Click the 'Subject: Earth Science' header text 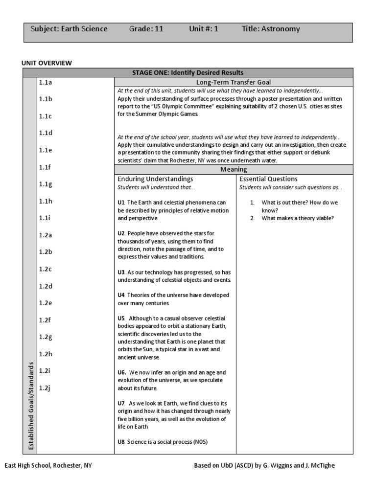tap(69, 29)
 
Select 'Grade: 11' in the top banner tap(146, 29)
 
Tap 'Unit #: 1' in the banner tap(204, 29)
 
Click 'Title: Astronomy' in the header tap(271, 29)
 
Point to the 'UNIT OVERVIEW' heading tap(47, 63)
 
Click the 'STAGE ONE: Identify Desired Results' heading tap(188, 72)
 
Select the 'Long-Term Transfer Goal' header tap(234, 82)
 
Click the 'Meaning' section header tap(234, 169)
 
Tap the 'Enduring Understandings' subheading tap(155, 179)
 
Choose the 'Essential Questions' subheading tap(268, 179)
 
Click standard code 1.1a tap(46, 82)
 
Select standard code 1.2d tap(46, 286)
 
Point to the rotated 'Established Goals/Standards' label tap(30, 407)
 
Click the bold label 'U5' tap(122, 319)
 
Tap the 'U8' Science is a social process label tap(121, 442)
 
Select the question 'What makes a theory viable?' tap(297, 218)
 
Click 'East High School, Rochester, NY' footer tap(48, 466)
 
